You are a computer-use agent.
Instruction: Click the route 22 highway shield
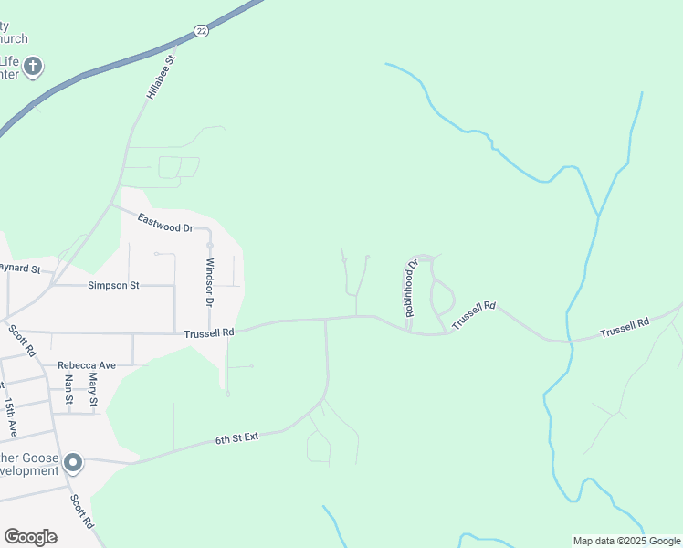201,31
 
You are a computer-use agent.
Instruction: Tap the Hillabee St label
160,77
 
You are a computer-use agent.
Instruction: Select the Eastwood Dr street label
165,222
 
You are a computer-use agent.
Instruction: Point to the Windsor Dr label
209,282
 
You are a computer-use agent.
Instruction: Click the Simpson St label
113,285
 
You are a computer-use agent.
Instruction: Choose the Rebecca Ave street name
87,365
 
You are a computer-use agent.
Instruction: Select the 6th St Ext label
237,437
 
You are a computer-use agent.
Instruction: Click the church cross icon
33,66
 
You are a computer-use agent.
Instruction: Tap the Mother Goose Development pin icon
74,463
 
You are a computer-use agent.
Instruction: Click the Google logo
30,537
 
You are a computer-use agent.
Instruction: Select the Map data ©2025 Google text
625,541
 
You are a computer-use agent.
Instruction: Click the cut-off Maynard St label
21,269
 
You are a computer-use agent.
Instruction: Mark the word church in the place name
13,38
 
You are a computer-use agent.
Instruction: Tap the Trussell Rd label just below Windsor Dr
209,333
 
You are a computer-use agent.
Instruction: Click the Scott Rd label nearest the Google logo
82,511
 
